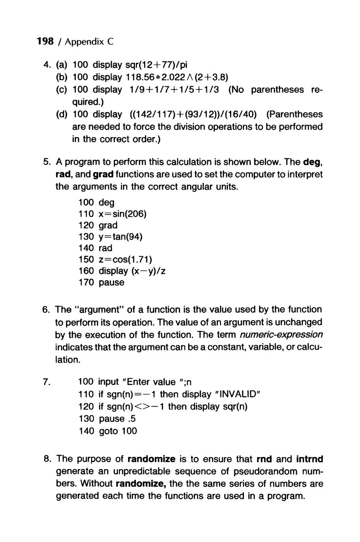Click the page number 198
[x=45, y=41]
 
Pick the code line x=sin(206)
[x=123, y=214]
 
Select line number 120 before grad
[x=86, y=225]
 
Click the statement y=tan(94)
[x=121, y=237]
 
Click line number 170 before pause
[x=86, y=283]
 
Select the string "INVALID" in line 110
[x=237, y=394]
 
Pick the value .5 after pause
[x=132, y=419]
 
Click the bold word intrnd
[x=310, y=459]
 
